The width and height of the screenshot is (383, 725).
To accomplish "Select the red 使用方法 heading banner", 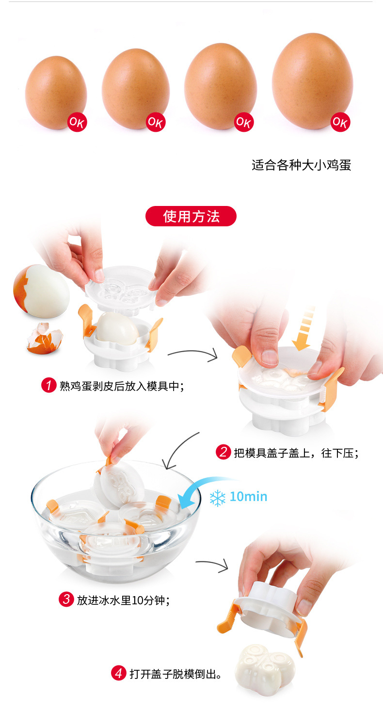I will coord(191,216).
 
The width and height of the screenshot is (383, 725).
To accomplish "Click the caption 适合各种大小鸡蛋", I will coord(301,165).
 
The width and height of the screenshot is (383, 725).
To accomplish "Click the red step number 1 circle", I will coord(48,386).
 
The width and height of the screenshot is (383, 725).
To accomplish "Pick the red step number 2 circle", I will coord(223,453).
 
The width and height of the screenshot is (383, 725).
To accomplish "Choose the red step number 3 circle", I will coord(66,599).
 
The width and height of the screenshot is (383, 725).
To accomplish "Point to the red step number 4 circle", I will coord(119,673).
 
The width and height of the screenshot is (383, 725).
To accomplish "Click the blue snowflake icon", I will coord(218,497).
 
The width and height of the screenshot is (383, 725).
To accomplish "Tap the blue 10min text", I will coord(248,497).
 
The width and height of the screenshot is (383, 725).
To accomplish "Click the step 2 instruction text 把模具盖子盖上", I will coord(296,453).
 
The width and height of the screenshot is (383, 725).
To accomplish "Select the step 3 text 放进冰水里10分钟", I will coord(124,599).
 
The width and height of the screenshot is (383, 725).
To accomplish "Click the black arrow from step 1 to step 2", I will coord(192,356).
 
